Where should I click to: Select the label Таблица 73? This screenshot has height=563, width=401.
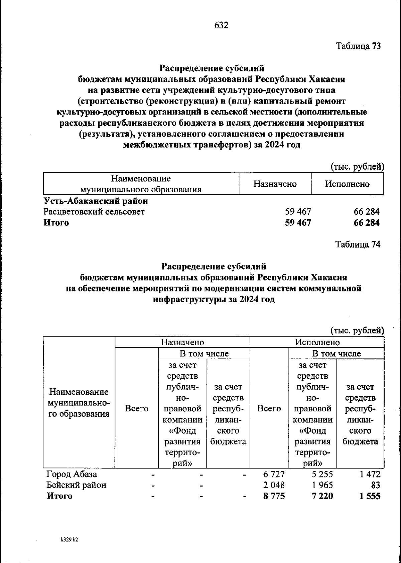click(358, 46)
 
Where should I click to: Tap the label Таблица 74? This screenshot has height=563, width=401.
click(358, 245)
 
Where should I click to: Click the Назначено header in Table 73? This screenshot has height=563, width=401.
click(275, 184)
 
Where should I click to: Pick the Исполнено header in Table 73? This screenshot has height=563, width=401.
click(347, 184)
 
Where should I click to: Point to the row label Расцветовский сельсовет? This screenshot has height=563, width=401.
click(94, 212)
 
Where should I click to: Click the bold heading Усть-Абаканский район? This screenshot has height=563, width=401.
click(96, 201)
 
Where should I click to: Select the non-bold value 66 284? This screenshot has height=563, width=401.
click(366, 212)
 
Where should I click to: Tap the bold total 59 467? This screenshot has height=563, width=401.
click(298, 223)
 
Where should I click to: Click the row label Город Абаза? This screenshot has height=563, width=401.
click(72, 474)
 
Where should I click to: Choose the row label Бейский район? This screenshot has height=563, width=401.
click(77, 485)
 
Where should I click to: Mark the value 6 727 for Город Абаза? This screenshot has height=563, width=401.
click(274, 474)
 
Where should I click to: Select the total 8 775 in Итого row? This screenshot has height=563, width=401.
click(274, 496)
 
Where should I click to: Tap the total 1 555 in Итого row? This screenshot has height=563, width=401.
click(370, 496)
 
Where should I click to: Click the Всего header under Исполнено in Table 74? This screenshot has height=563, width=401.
click(269, 408)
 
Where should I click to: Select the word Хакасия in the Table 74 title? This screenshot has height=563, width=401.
click(329, 277)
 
